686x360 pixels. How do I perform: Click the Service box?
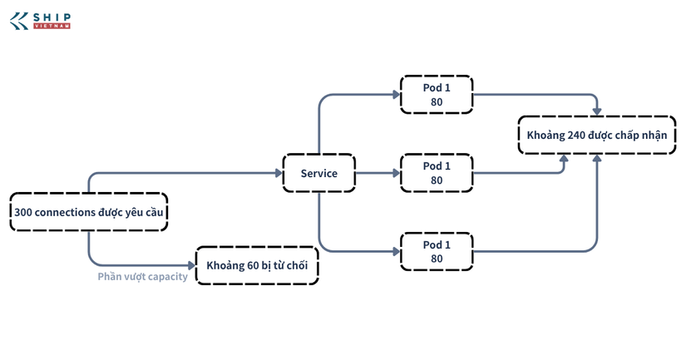click(x=319, y=173)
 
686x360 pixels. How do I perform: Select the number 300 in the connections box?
click(x=23, y=213)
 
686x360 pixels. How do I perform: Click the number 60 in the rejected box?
click(x=253, y=265)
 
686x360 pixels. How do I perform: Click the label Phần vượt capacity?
click(x=143, y=277)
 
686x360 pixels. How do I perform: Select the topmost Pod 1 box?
click(x=437, y=95)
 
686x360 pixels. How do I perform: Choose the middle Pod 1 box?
click(x=437, y=173)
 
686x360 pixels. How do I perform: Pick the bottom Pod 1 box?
click(x=437, y=252)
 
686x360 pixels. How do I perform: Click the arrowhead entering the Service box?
click(x=279, y=173)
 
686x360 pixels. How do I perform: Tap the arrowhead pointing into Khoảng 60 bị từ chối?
click(x=191, y=265)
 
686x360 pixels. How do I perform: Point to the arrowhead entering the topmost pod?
click(x=397, y=95)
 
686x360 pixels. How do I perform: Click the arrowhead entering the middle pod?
click(x=397, y=173)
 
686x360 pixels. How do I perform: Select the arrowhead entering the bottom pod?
click(x=397, y=252)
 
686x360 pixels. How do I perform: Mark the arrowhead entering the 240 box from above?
click(x=597, y=112)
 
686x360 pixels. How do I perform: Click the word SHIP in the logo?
click(x=52, y=17)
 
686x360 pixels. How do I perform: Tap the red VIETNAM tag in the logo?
click(x=52, y=27)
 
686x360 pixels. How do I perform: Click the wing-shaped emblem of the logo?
click(x=19, y=21)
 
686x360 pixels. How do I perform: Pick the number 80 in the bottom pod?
click(x=437, y=259)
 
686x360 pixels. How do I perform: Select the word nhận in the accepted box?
click(x=655, y=136)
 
